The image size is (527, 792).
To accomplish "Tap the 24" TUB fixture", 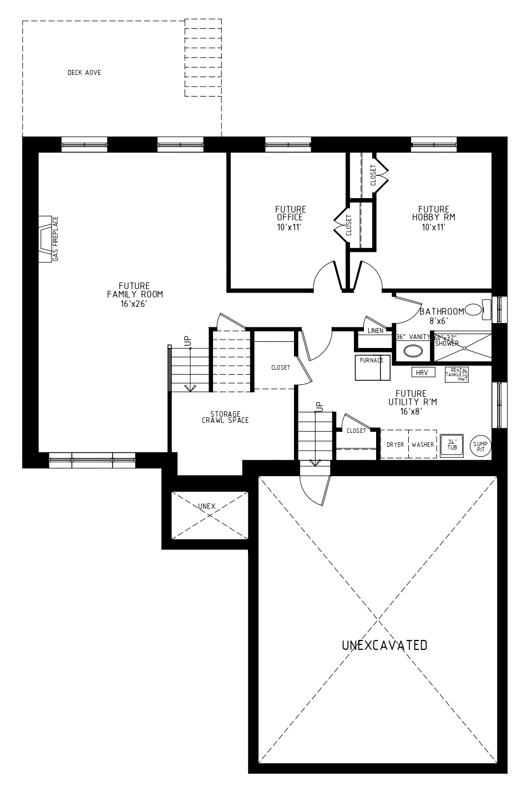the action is [452, 446].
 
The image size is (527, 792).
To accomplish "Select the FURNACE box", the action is [372, 367].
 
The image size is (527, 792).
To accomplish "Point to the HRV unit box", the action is [423, 372].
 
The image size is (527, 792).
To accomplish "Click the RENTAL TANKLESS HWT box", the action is [457, 375].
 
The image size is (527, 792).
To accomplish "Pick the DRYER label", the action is [395, 445].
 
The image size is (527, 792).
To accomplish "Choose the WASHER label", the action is [423, 445].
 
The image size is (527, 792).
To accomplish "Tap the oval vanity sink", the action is [413, 351].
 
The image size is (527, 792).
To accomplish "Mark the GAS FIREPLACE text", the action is [55, 239].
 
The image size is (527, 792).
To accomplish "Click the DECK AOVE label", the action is [84, 73].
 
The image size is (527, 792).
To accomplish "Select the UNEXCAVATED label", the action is [384, 645].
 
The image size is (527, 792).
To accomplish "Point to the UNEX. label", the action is [207, 506].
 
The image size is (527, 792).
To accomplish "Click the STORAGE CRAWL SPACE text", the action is [225, 417].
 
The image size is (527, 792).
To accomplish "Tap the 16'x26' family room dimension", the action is [134, 304].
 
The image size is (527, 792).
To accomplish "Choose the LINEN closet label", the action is [376, 331].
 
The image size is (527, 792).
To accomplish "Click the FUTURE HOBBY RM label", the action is [434, 213].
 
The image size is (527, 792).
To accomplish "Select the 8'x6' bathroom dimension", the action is [439, 321].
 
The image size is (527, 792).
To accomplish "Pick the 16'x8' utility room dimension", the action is [412, 412].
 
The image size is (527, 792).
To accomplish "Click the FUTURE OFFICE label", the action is [291, 213].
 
